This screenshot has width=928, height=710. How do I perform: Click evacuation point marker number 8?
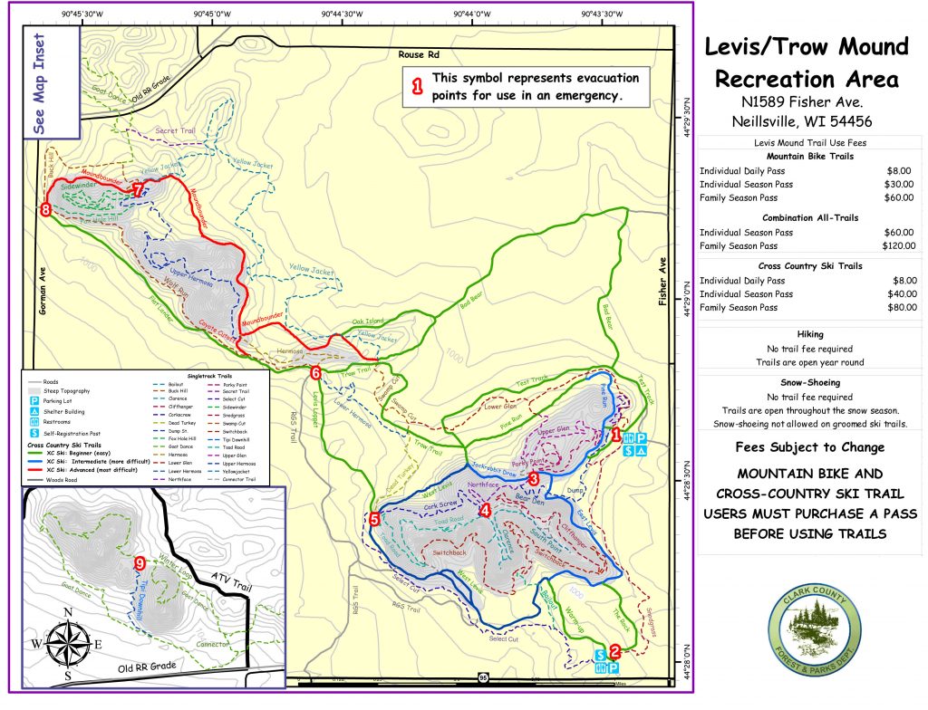click(x=45, y=209)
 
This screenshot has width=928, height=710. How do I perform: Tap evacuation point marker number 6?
click(x=315, y=372)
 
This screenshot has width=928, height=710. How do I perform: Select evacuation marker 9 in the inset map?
click(x=139, y=563)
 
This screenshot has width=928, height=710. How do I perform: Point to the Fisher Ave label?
click(x=662, y=280)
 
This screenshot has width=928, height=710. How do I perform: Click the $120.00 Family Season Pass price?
click(x=899, y=245)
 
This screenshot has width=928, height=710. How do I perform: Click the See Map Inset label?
click(x=39, y=84)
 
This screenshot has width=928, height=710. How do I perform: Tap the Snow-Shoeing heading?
click(x=809, y=382)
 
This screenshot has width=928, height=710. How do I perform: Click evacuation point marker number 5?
click(x=374, y=519)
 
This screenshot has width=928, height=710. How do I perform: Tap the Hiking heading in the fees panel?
click(x=809, y=333)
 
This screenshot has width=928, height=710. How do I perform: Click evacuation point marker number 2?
click(x=614, y=649)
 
